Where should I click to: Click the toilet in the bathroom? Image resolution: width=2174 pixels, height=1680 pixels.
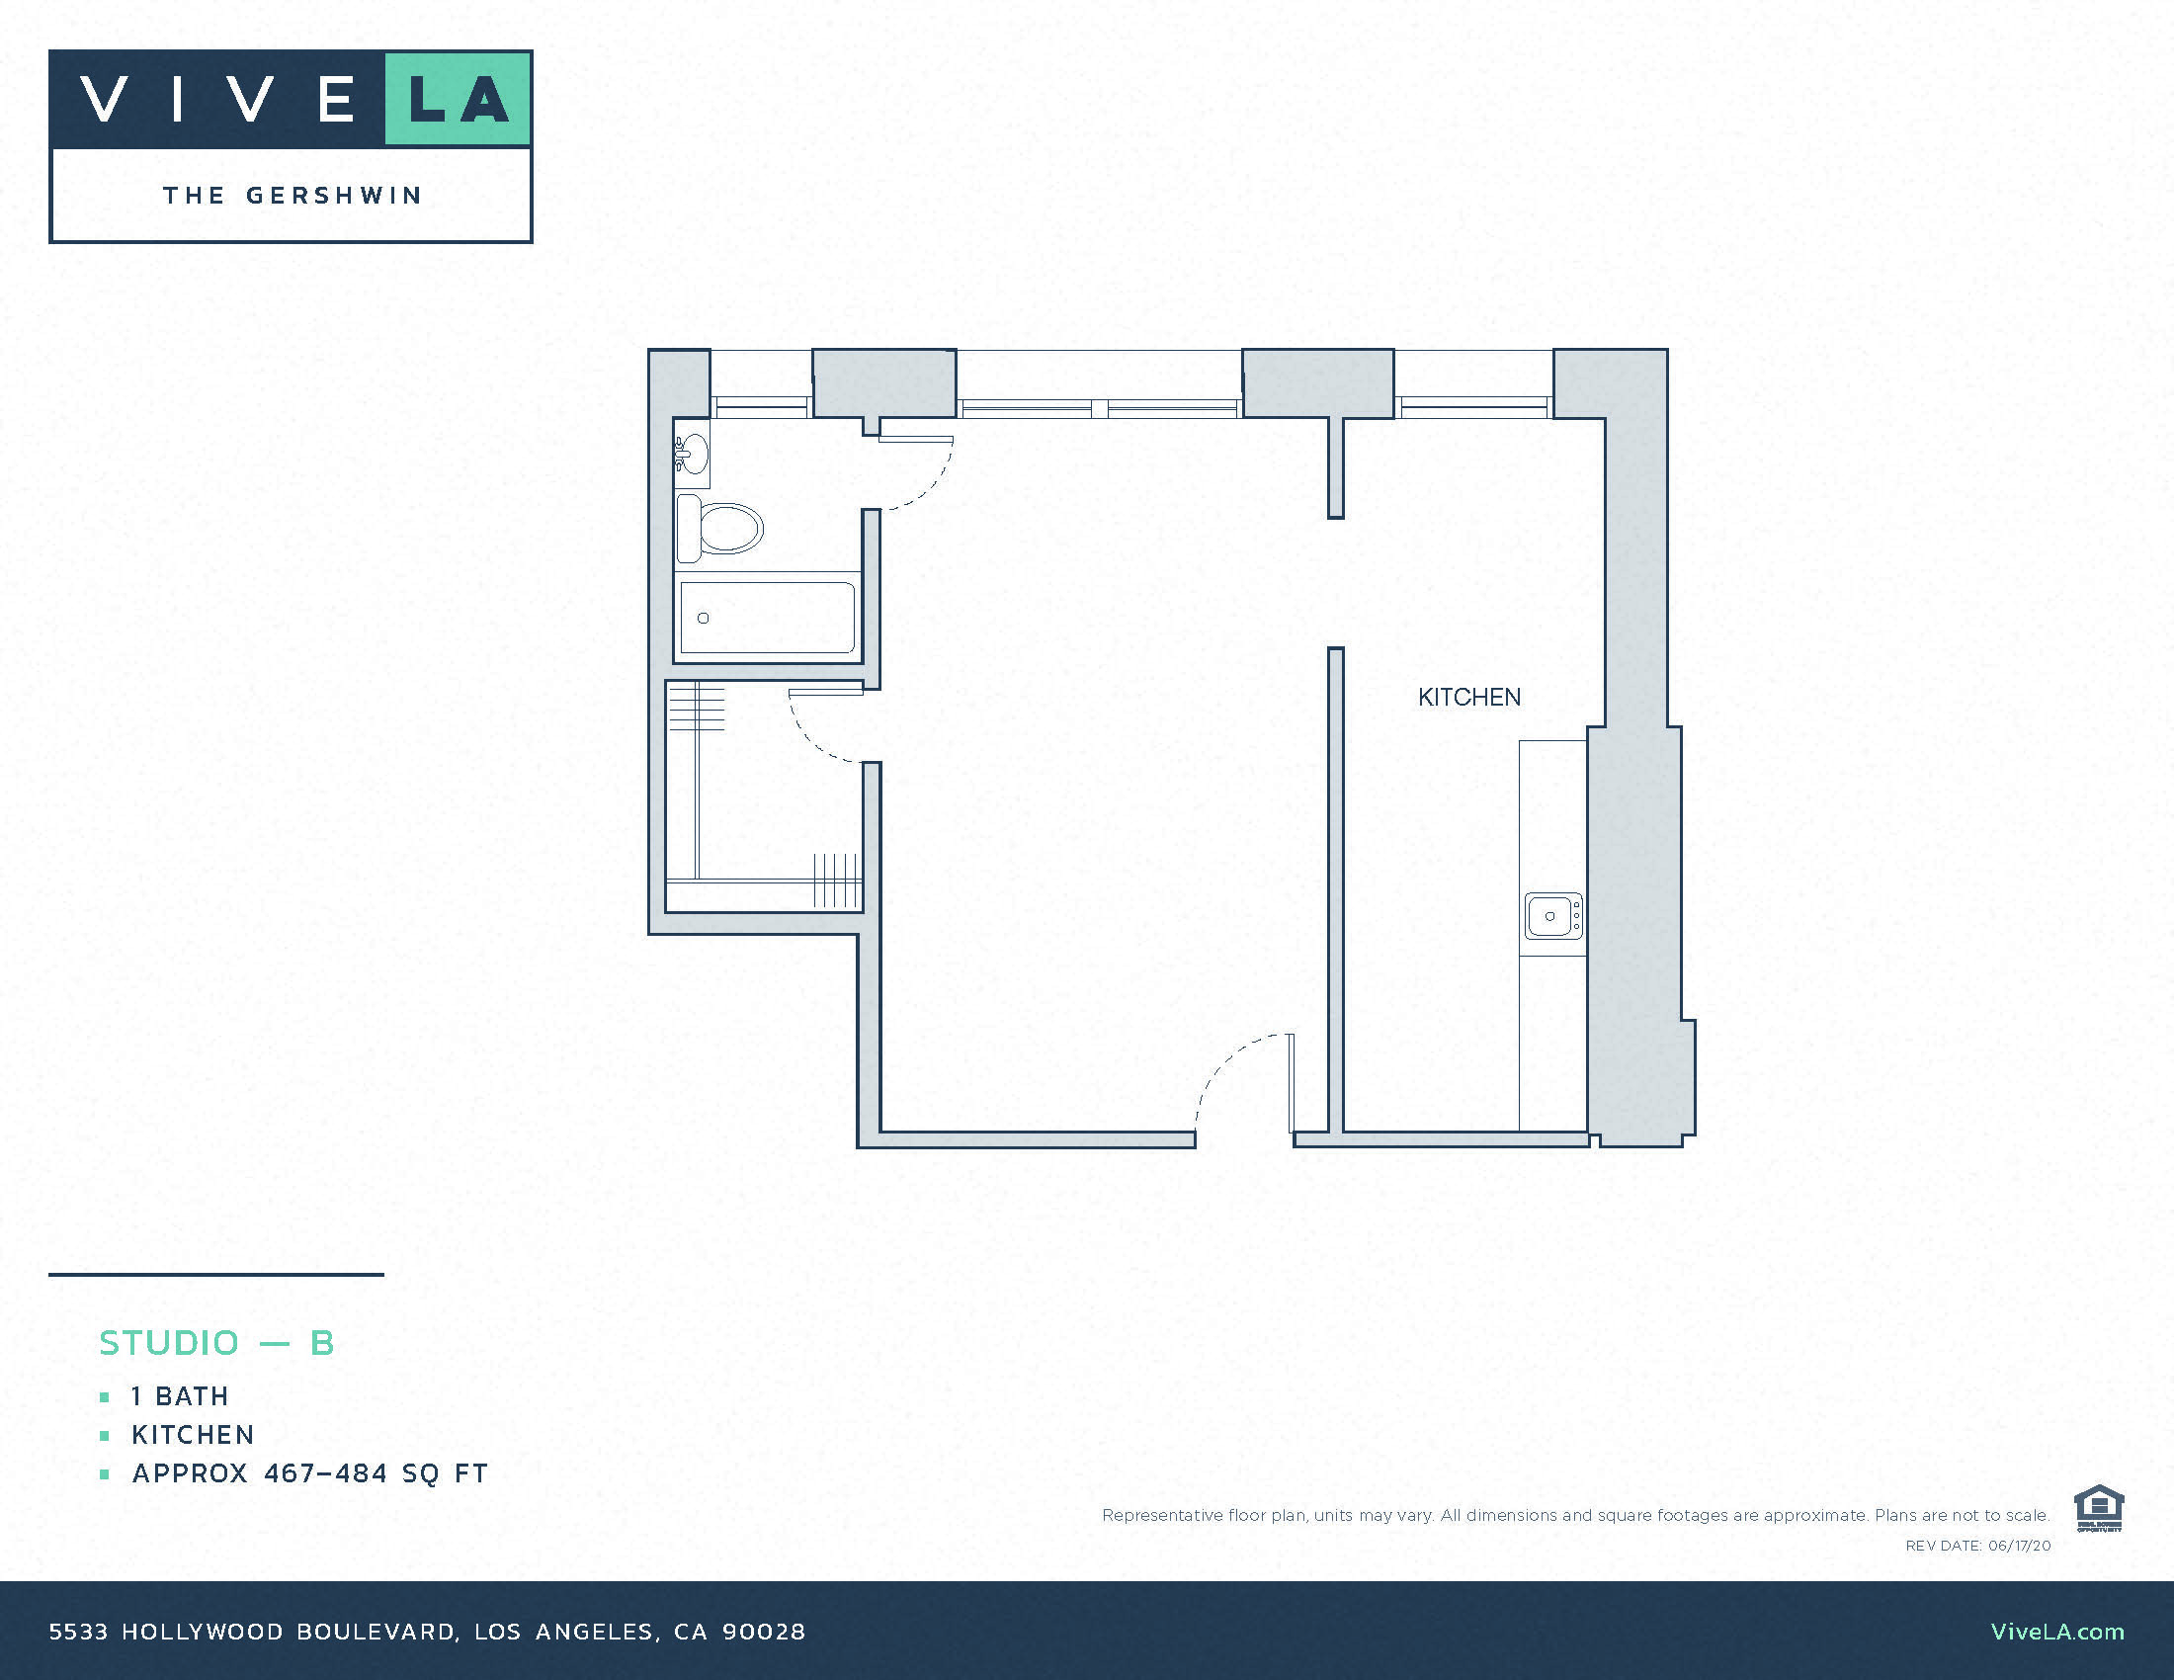(725, 528)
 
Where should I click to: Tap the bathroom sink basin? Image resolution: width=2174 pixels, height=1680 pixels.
(692, 454)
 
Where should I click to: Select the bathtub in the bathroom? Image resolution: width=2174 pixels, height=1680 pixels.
(767, 617)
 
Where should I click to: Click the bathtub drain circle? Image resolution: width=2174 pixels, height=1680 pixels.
(703, 618)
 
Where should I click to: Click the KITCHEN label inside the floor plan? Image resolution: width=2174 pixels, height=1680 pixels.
(1469, 698)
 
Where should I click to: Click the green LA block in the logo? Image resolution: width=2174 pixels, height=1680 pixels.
(458, 99)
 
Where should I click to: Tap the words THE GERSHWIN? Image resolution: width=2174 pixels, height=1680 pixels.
(293, 195)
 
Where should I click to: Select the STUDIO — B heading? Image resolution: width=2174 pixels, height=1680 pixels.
(217, 1343)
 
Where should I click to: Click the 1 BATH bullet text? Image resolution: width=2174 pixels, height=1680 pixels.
(180, 1396)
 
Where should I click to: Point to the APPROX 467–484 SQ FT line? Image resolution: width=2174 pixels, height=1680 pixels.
(309, 1473)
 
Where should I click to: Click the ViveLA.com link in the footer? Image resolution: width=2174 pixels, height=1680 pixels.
(2056, 1632)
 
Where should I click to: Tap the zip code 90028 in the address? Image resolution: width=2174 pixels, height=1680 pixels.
(764, 1632)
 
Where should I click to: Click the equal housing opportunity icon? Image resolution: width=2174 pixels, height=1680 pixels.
(2098, 1509)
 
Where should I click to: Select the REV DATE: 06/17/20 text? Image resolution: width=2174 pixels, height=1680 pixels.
(1978, 1546)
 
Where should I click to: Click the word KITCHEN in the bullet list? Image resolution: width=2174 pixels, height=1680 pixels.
(193, 1434)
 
